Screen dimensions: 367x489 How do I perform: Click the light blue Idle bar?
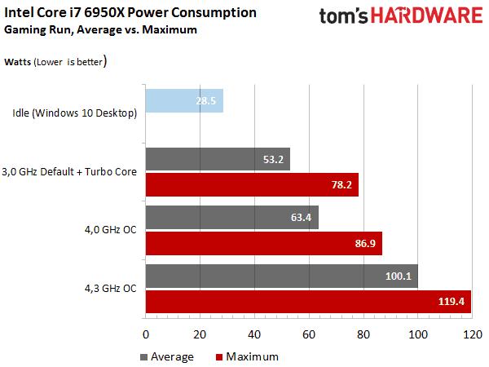coord(184,100)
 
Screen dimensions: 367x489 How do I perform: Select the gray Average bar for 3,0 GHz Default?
coord(218,159)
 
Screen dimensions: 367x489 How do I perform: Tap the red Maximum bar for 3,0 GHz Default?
coord(252,184)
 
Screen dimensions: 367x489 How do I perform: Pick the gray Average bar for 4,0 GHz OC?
coord(231,218)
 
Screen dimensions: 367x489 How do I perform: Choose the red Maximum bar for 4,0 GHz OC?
coord(263,243)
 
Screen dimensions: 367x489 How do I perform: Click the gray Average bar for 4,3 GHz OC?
coord(281,276)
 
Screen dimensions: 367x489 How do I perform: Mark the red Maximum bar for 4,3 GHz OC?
coord(308,301)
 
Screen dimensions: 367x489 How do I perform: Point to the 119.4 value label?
coord(451,302)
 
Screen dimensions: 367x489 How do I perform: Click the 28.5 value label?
coord(207,100)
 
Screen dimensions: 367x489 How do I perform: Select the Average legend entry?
coord(167,356)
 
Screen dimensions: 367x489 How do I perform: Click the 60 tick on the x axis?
coord(309,334)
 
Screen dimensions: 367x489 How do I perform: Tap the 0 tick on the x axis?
coord(146,334)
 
